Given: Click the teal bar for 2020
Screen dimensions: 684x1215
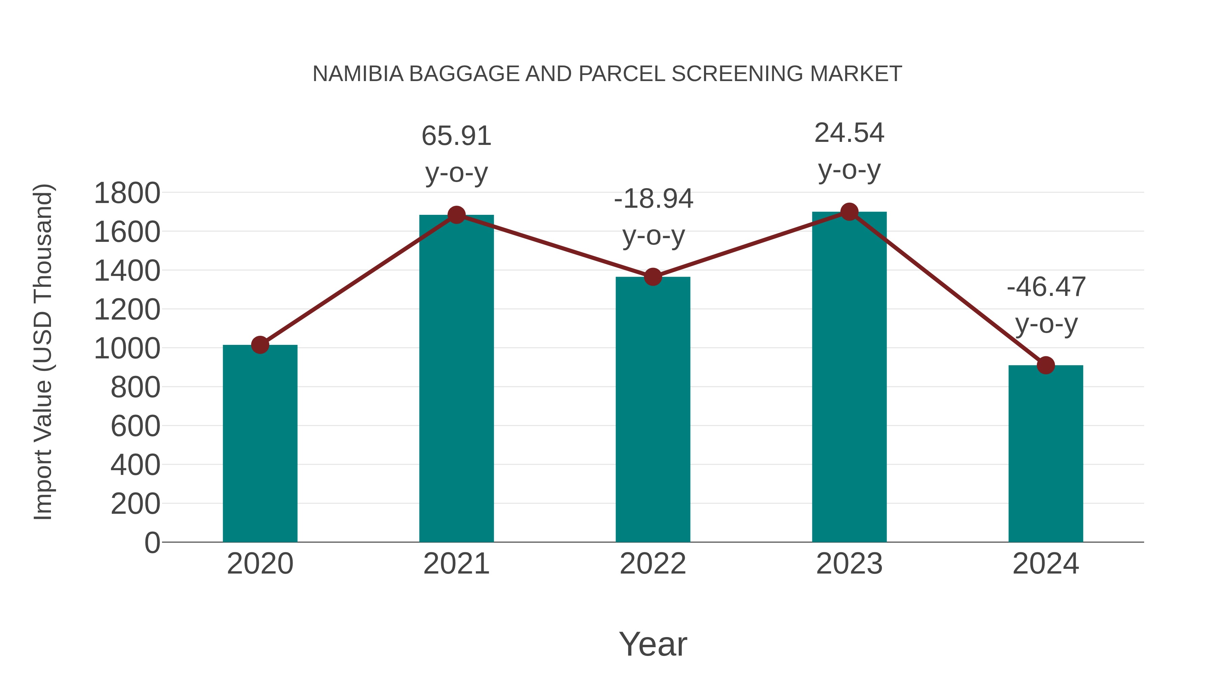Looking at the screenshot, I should coord(260,444).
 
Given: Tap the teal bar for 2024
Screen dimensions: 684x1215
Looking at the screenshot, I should coord(1046,454).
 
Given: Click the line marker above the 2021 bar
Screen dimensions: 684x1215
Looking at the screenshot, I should coord(456,215).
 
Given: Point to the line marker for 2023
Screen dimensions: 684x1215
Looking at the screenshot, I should coord(849,212).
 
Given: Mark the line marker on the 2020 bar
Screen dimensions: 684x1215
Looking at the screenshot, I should coord(260,345).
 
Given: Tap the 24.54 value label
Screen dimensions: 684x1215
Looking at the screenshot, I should coord(849,133).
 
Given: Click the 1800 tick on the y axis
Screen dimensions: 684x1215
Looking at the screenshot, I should coord(127,193).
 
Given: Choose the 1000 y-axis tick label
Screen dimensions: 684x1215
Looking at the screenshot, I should coord(127,349).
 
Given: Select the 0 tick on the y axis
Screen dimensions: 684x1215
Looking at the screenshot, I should coord(152,542).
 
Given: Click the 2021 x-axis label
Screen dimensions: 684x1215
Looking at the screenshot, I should coord(456,564).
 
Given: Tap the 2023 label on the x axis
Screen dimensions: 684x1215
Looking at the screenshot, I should coord(849,564).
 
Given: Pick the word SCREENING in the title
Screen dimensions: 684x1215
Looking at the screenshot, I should coord(737,74).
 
